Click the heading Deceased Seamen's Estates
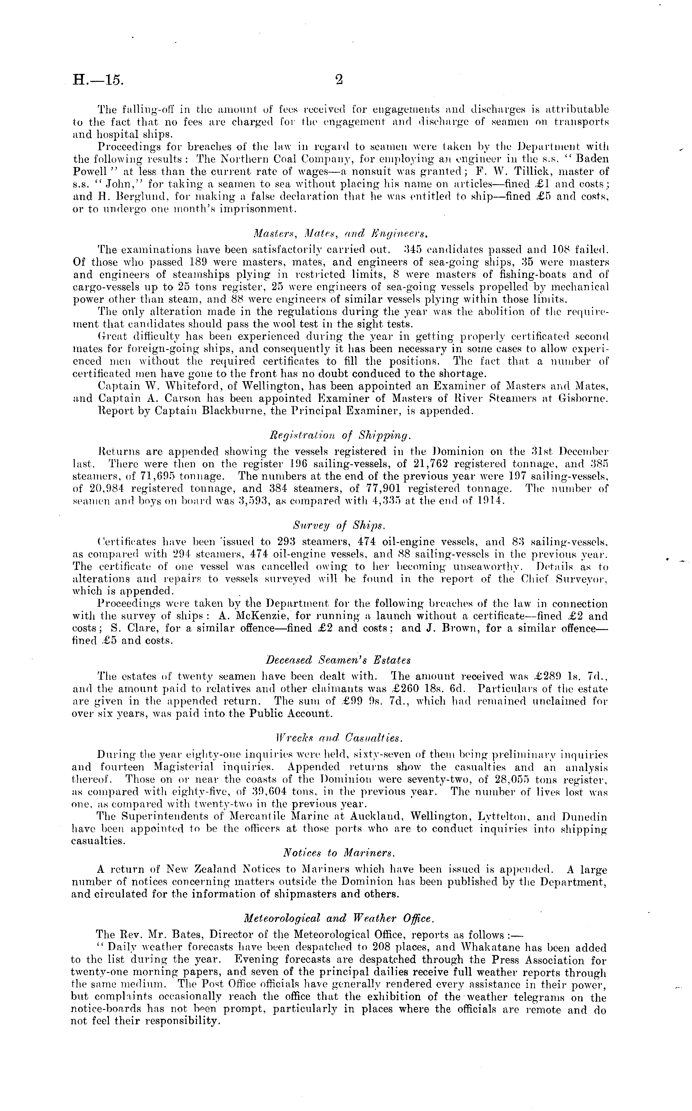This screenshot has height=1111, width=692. [338, 660]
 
